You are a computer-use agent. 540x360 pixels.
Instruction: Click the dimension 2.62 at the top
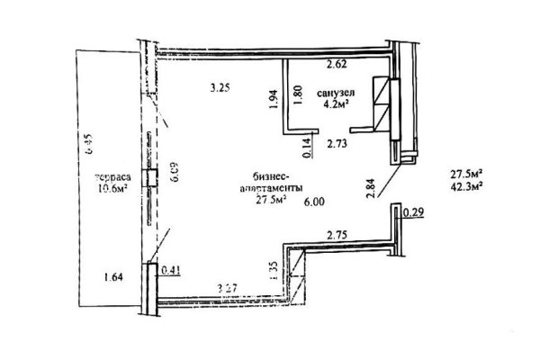[337, 65]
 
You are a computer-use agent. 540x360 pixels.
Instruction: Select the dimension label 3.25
[220, 88]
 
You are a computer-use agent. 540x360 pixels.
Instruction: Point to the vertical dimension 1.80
[298, 96]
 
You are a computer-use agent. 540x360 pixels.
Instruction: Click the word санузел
[335, 92]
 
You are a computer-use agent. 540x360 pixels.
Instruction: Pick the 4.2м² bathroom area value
[335, 103]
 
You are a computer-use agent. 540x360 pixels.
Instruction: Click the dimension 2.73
[337, 142]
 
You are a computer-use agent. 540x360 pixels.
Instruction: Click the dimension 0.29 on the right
[414, 212]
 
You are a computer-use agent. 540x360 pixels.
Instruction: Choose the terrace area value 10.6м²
[112, 189]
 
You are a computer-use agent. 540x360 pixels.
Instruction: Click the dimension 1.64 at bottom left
[113, 276]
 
